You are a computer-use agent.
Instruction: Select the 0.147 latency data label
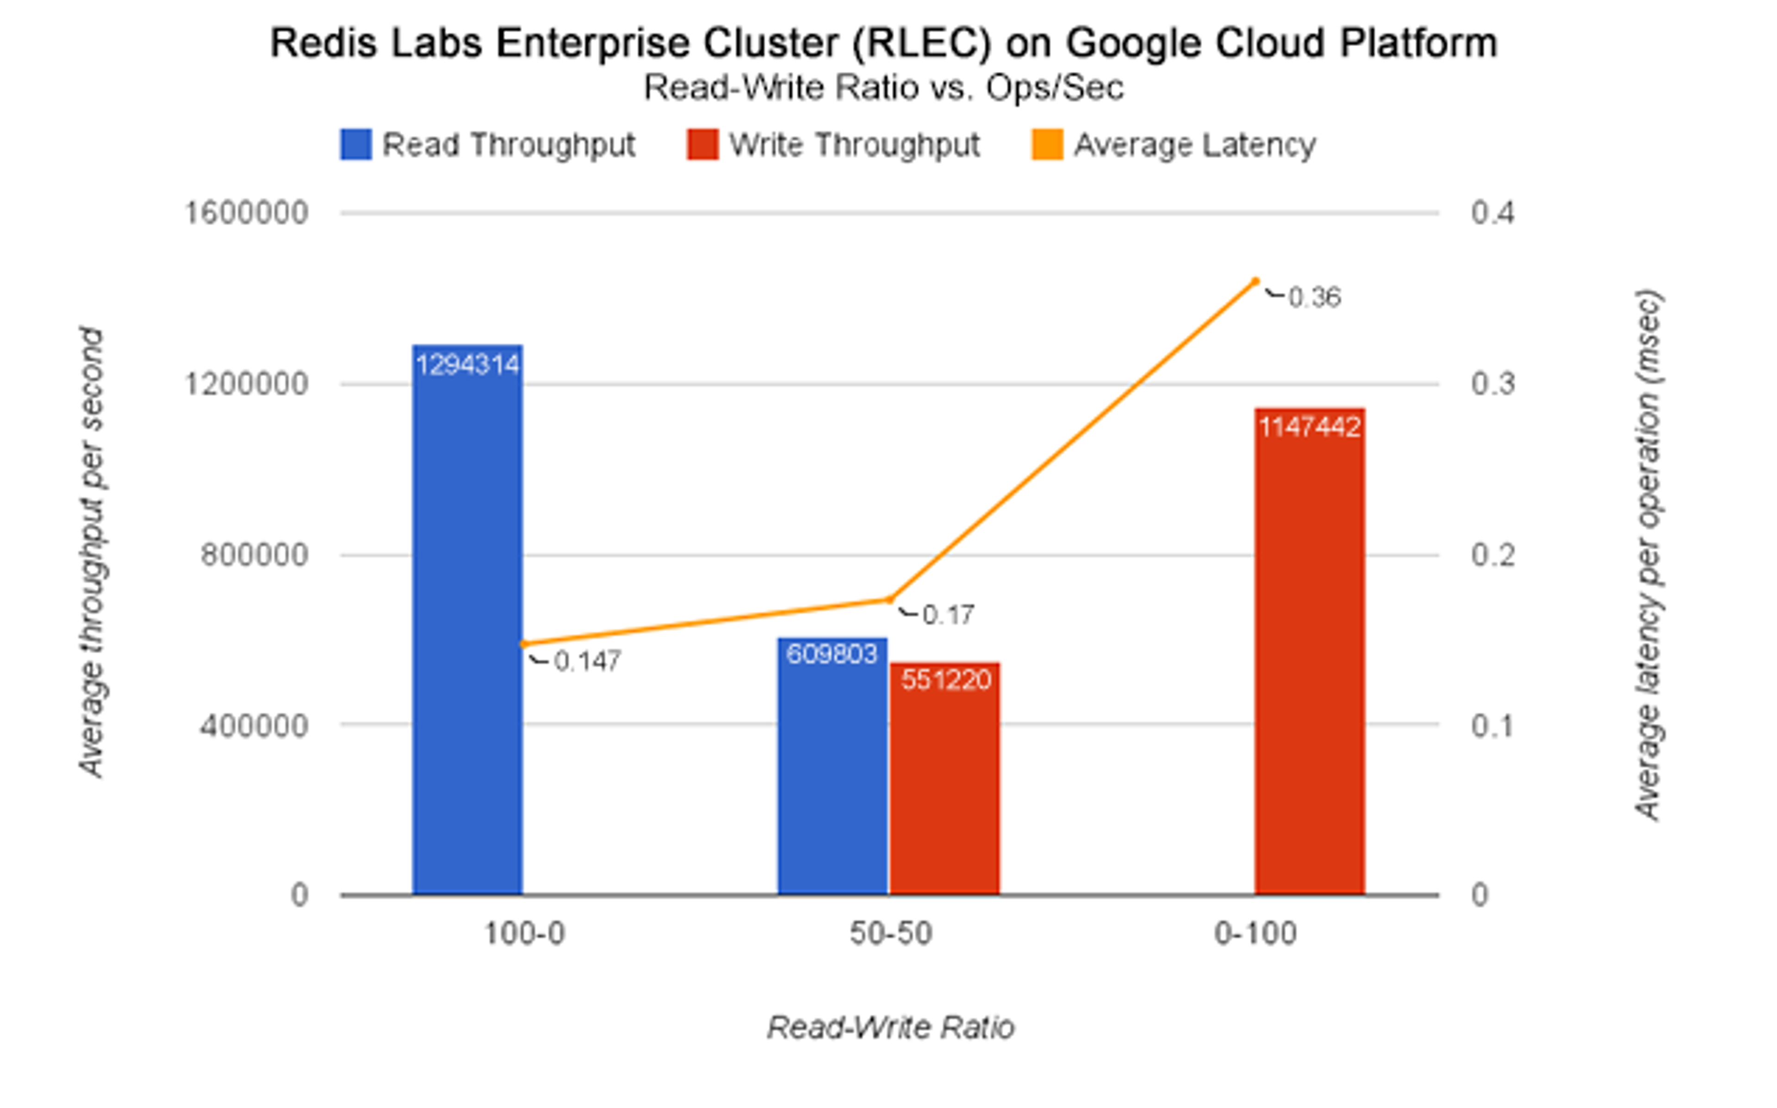(587, 661)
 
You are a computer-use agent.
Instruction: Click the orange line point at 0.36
(1255, 281)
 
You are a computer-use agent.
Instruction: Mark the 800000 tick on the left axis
(254, 555)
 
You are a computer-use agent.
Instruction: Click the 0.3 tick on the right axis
(1492, 384)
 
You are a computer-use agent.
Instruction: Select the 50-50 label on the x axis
(890, 934)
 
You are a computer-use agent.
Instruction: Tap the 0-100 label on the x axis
(1255, 934)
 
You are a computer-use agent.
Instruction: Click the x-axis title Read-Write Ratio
(890, 1028)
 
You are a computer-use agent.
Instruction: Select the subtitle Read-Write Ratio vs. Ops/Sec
(883, 88)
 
